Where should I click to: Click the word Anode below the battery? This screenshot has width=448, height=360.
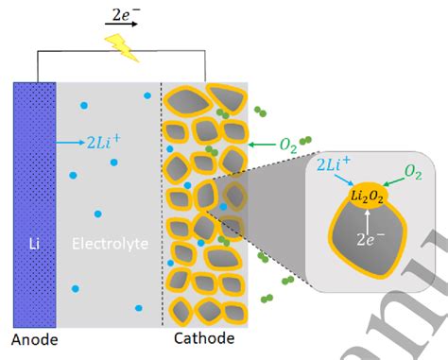coord(35,338)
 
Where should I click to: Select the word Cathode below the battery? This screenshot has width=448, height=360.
coord(205,338)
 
